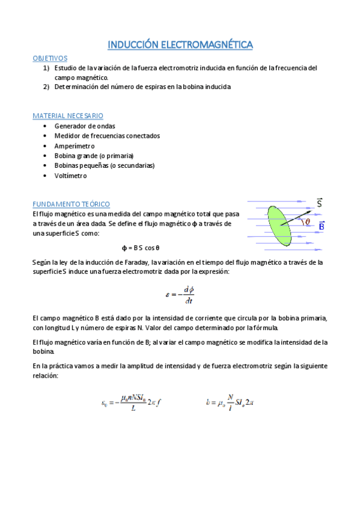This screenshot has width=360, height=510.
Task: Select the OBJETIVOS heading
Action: click(x=50, y=58)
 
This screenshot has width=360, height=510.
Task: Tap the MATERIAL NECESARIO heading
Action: click(x=68, y=115)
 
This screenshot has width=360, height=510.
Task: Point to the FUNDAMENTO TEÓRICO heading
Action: click(x=71, y=204)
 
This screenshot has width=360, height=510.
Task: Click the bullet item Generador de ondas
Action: click(x=85, y=126)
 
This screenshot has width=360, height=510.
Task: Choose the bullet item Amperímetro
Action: click(x=75, y=146)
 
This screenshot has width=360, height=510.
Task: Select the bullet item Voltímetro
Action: click(x=70, y=176)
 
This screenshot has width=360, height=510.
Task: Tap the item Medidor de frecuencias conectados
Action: click(x=107, y=136)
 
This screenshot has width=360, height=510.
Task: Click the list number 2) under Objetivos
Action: click(x=46, y=87)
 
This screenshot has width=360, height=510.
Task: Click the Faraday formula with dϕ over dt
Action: click(x=180, y=294)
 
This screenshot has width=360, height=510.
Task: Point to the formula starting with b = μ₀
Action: click(x=230, y=402)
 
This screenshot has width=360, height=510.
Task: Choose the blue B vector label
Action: click(x=322, y=226)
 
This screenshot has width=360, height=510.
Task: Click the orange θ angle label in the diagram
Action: click(x=308, y=221)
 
